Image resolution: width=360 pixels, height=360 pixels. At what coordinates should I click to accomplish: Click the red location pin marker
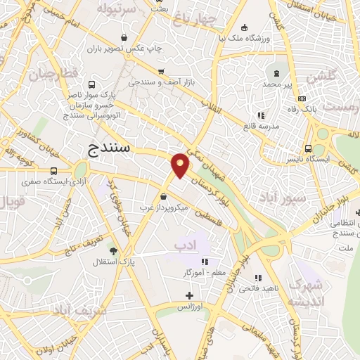coord(180,165)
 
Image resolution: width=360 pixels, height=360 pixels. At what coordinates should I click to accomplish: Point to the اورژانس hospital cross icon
coord(188,295)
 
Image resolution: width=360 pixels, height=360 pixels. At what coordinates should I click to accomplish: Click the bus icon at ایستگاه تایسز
coord(308,148)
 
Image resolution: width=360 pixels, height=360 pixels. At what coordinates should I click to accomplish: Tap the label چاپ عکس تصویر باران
coord(124,49)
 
